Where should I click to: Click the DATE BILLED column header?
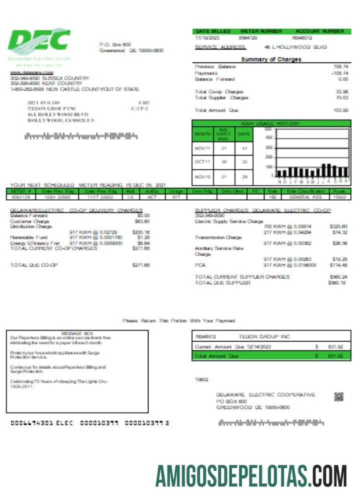212,31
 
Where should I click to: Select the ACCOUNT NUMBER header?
319,31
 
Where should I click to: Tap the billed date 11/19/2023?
204,37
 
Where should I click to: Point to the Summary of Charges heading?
271,59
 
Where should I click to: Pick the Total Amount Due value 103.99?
341,110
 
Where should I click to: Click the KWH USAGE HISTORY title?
270,123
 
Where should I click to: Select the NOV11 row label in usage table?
202,148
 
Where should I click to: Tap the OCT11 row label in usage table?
202,162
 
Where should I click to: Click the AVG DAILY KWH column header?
223,134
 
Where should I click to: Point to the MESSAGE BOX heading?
77,333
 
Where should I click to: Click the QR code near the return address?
338,397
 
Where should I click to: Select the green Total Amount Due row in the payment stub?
267,356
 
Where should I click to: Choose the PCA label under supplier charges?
200,265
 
